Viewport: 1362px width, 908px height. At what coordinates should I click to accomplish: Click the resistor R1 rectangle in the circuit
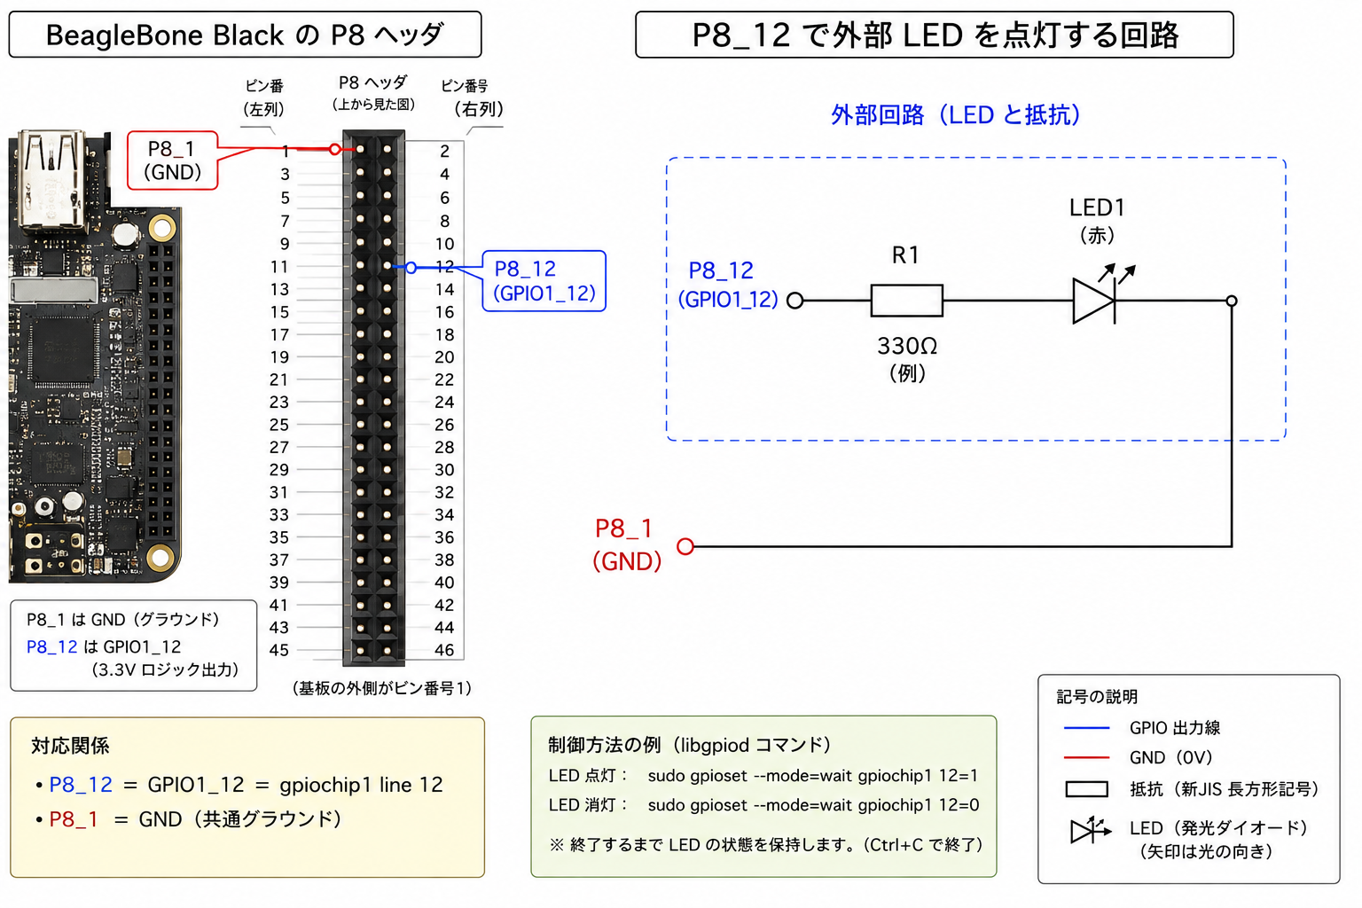pyautogui.click(x=906, y=301)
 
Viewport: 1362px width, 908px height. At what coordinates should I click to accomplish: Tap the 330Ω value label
pyautogui.click(x=907, y=346)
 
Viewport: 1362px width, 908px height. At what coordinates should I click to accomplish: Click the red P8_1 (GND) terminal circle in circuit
pyautogui.click(x=685, y=546)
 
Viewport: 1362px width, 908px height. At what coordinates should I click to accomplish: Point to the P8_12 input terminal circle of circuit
pyautogui.click(x=794, y=301)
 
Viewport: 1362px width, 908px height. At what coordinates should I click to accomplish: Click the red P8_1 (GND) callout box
pyautogui.click(x=173, y=160)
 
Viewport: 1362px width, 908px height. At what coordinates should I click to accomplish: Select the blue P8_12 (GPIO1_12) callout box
pyautogui.click(x=544, y=281)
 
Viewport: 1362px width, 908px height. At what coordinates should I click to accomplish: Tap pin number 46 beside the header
pyautogui.click(x=444, y=650)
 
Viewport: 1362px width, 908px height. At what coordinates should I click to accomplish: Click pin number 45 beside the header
pyautogui.click(x=279, y=650)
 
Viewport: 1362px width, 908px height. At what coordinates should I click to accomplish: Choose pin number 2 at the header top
pyautogui.click(x=445, y=151)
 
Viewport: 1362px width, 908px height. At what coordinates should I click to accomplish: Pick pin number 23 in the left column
pyautogui.click(x=279, y=402)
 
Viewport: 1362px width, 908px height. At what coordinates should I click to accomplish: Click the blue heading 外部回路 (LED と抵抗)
pyautogui.click(x=956, y=114)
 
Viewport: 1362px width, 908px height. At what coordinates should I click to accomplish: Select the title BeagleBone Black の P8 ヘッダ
pyautogui.click(x=245, y=35)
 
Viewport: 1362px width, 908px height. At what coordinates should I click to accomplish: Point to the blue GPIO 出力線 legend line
pyautogui.click(x=1086, y=727)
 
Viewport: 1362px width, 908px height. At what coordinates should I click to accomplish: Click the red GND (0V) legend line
pyautogui.click(x=1086, y=757)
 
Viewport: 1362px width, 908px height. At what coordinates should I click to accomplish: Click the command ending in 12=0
pyautogui.click(x=813, y=805)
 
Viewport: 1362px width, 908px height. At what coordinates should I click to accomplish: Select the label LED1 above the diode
pyautogui.click(x=1097, y=208)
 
